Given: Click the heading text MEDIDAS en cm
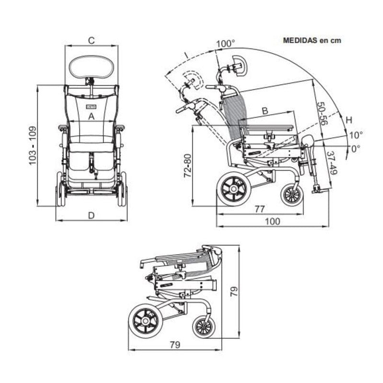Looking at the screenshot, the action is pyautogui.click(x=312, y=40).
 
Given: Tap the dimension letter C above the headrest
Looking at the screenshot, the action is pyautogui.click(x=91, y=41).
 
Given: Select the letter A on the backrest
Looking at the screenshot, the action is pyautogui.click(x=91, y=116).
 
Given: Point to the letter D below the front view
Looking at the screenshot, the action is pyautogui.click(x=91, y=215).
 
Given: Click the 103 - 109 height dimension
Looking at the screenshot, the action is pyautogui.click(x=33, y=146).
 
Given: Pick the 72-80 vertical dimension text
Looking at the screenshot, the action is pyautogui.click(x=188, y=166).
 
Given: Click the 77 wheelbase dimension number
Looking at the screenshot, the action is pyautogui.click(x=259, y=209).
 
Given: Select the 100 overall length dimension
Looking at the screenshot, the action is pyautogui.click(x=272, y=221).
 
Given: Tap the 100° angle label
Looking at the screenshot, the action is pyautogui.click(x=225, y=44).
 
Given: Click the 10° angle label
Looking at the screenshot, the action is pyautogui.click(x=355, y=135).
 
